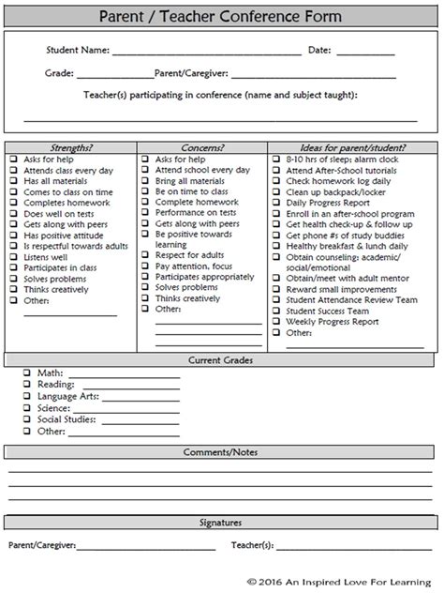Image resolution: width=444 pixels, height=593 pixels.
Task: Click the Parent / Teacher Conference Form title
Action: (x=222, y=16)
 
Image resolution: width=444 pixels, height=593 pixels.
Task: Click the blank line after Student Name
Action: (x=206, y=53)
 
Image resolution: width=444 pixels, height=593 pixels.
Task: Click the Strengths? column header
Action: (x=71, y=147)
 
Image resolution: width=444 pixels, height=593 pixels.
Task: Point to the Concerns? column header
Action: (x=202, y=147)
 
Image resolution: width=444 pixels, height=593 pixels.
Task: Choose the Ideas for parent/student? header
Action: (x=353, y=147)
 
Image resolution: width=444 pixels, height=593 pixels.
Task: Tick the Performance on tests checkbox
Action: (x=145, y=214)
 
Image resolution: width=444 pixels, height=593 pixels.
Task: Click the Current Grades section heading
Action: (x=222, y=360)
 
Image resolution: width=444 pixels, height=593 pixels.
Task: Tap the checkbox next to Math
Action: (x=27, y=373)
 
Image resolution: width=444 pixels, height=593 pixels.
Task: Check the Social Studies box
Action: (x=27, y=420)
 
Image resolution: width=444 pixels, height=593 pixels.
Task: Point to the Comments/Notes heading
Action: (x=222, y=452)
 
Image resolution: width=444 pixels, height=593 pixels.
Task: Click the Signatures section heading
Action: (x=222, y=523)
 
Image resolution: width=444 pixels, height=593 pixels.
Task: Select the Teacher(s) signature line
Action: (x=356, y=546)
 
